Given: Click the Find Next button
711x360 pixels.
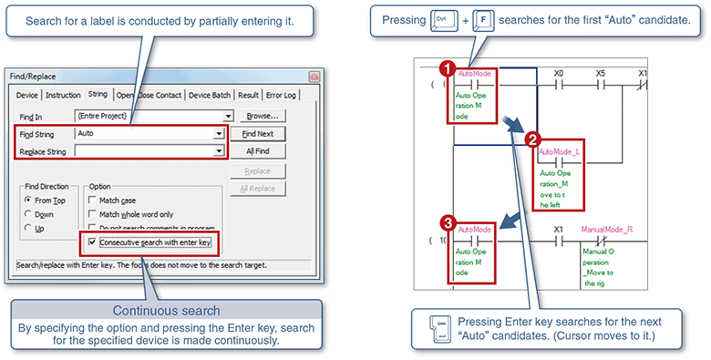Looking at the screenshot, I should [258, 133].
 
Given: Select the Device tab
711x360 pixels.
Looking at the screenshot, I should [26, 94].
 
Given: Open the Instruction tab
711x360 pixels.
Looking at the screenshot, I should [63, 94].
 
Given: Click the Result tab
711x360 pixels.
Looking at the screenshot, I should [248, 94].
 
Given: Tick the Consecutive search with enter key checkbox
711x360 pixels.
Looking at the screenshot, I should [93, 243].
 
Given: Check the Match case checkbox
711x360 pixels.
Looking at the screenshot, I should [93, 201].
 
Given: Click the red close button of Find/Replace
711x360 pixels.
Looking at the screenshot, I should [314, 77].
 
